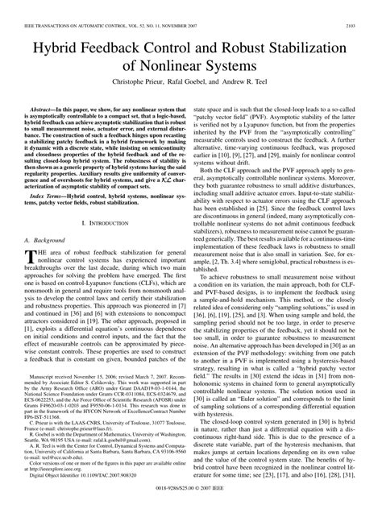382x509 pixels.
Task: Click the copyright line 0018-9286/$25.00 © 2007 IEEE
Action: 191,501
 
